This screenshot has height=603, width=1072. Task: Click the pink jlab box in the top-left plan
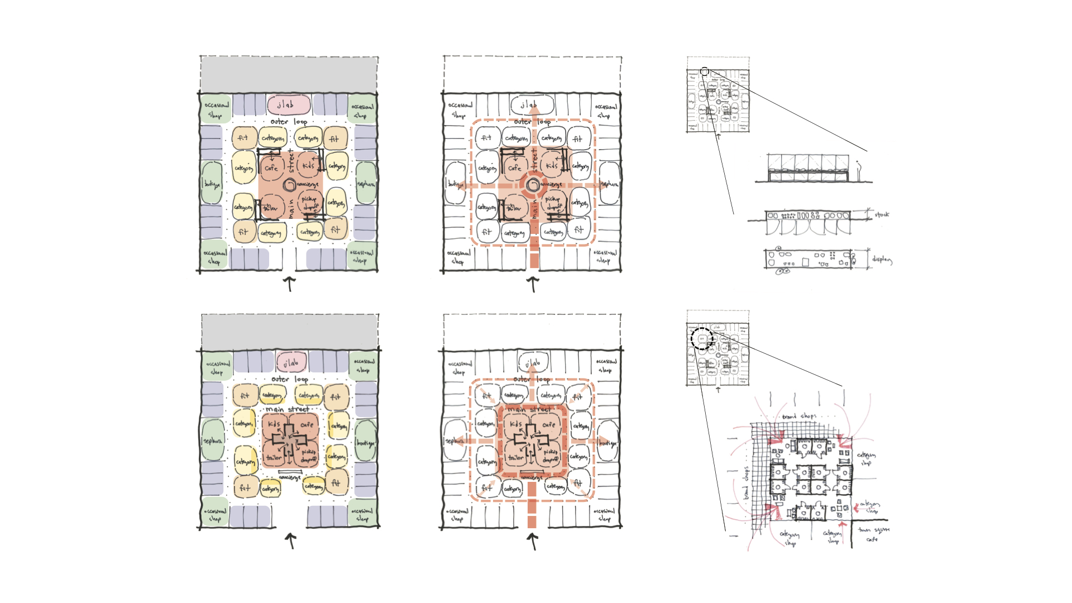pos(288,105)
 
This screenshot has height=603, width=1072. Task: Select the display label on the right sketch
pos(882,260)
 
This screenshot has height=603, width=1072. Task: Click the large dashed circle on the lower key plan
pos(702,339)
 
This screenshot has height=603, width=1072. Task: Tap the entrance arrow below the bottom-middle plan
pos(533,540)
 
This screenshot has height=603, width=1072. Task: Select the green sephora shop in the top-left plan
pos(366,183)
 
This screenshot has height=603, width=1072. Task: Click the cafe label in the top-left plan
pos(271,167)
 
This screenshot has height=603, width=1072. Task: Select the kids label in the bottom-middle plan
pos(516,424)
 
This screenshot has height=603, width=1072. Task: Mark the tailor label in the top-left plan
pos(270,208)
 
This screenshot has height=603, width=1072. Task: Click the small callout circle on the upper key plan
pos(705,71)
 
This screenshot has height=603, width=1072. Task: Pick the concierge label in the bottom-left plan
pos(290,477)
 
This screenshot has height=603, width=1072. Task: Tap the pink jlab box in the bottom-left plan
pos(291,363)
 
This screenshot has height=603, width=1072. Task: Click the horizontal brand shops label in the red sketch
pos(799,417)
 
